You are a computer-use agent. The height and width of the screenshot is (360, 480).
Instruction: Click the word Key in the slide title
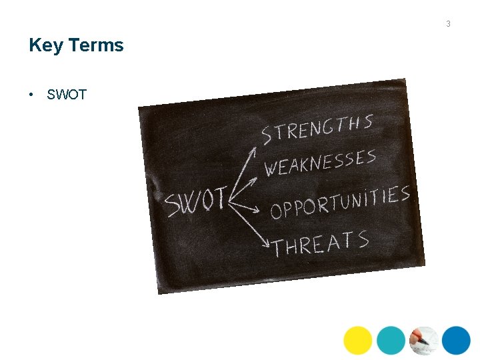tap(45, 45)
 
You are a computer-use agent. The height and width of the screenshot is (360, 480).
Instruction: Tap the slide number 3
tap(448, 24)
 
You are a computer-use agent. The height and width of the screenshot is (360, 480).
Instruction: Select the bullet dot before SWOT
tap(31, 95)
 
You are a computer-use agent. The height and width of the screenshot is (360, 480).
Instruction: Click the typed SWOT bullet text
tap(67, 95)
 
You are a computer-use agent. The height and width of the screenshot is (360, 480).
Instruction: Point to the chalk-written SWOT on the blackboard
tap(197, 201)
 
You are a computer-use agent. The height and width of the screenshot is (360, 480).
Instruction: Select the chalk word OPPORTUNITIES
tap(339, 202)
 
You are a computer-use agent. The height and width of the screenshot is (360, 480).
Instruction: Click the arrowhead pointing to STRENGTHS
tap(253, 151)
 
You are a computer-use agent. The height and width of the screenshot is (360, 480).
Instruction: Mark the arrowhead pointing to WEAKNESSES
tap(257, 178)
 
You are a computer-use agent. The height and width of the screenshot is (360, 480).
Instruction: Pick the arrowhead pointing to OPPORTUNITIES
tap(256, 211)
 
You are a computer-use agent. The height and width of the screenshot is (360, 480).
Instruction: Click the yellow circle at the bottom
tap(358, 340)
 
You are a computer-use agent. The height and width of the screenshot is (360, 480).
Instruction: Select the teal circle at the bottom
tap(391, 340)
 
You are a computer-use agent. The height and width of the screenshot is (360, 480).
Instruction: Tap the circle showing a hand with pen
tap(423, 340)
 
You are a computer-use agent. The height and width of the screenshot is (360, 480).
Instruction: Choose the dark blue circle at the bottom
tap(456, 340)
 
